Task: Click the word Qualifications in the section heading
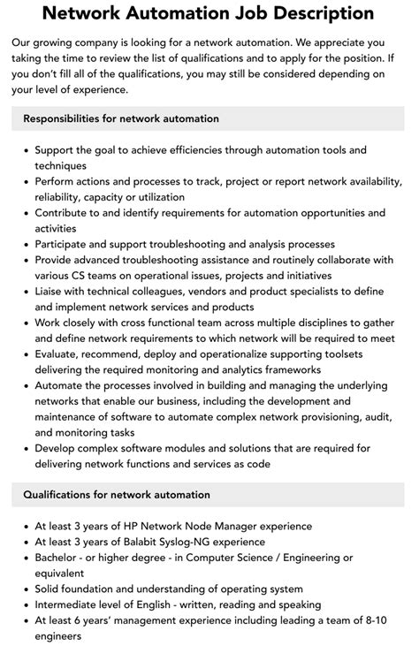65,494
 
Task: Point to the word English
182,604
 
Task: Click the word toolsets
359,353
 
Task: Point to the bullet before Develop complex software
24,448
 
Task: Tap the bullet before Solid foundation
24,589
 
